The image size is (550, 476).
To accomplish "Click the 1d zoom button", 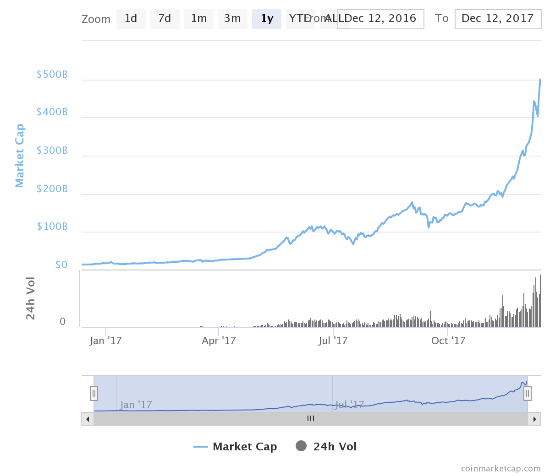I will click(131, 19).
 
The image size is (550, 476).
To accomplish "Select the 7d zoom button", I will click(165, 19).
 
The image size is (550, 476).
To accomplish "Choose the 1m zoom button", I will click(198, 19).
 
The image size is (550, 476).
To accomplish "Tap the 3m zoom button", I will click(232, 19).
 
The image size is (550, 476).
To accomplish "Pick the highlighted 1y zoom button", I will click(267, 19).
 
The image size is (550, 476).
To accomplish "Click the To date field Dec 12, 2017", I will click(498, 19).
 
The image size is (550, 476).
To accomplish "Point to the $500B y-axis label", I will click(52, 75).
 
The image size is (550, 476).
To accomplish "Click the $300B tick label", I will click(52, 151).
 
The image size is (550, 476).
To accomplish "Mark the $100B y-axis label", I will click(52, 227).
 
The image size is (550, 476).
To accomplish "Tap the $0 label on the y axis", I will click(61, 265).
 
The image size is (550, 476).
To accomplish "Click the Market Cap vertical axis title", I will click(19, 156).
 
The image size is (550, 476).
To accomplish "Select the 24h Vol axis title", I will click(30, 298).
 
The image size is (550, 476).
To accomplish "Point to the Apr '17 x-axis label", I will click(219, 341).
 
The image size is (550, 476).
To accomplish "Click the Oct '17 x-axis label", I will click(448, 341).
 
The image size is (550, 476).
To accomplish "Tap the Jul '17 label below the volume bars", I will click(333, 341).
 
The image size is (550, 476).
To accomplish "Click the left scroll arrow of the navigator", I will click(87, 419).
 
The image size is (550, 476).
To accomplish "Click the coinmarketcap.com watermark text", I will click(500, 469).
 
